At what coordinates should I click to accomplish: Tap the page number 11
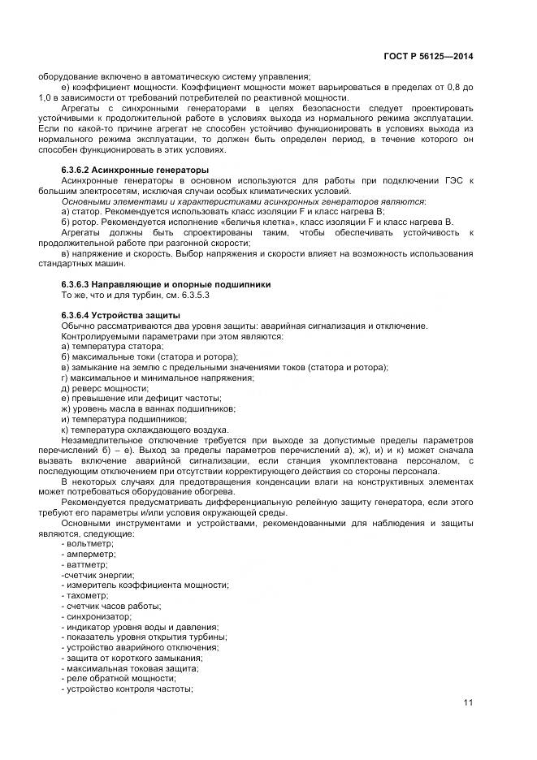pyautogui.click(x=469, y=703)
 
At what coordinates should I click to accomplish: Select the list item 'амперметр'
pyautogui.click(x=89, y=554)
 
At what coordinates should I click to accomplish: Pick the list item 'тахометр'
pyautogui.click(x=86, y=595)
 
